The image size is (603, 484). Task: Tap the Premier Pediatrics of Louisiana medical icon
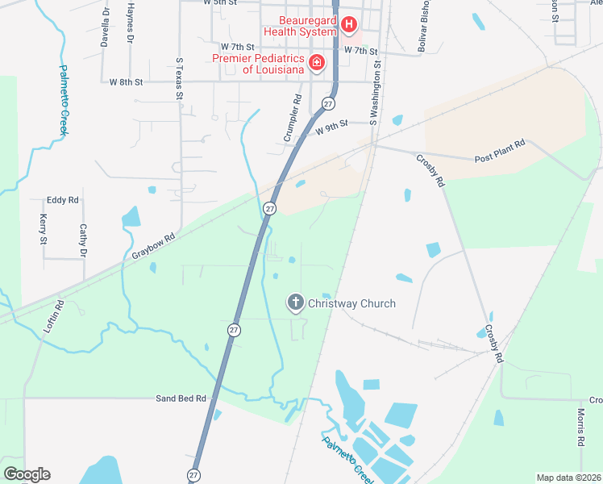point(317,63)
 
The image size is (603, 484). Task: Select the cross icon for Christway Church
point(296,303)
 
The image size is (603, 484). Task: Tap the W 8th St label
point(126,81)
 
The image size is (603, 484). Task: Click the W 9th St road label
point(331,126)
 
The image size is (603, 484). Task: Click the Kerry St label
point(44,230)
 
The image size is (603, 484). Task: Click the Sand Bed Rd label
point(181,398)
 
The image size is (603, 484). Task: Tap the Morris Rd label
point(580,428)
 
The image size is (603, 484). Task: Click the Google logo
point(27,474)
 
